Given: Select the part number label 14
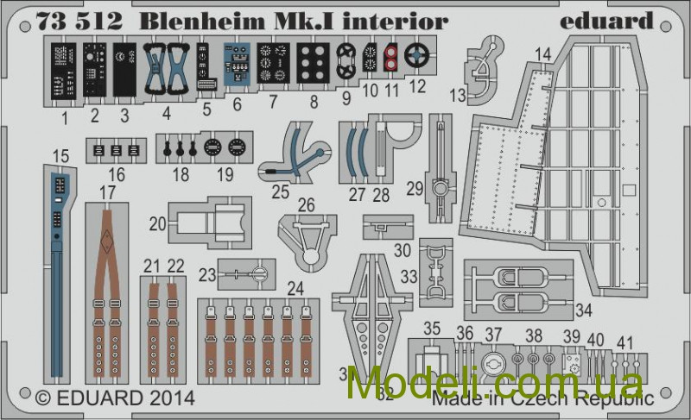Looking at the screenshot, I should coord(542,55).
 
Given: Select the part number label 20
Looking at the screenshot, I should coord(157,223).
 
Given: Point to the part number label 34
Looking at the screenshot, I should coord(585,310).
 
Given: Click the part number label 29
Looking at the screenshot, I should coord(415,187).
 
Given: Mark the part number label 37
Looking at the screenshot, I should coord(492,333).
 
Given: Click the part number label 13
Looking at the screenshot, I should coord(458,95).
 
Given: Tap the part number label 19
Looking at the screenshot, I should coord(224,176).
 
